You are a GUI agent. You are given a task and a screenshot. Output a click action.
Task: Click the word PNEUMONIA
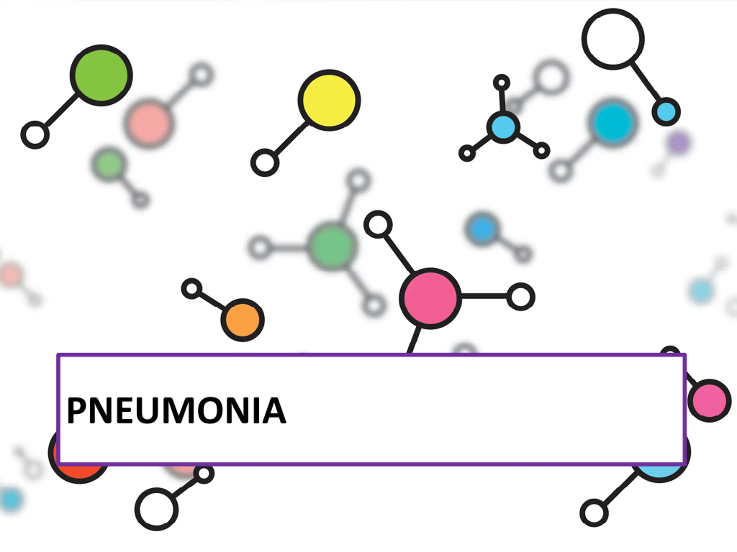(176, 411)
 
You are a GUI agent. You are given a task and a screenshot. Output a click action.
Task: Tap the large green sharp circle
(101, 75)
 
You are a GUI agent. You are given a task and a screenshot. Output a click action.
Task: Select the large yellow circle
(329, 100)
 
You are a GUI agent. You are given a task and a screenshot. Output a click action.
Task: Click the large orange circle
(243, 320)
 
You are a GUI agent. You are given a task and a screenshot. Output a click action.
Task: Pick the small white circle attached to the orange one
(191, 288)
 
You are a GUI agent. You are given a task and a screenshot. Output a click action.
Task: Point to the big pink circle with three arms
(430, 298)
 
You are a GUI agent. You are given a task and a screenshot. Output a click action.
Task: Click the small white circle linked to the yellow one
(265, 163)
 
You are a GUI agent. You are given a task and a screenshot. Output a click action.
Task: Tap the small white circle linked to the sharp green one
(35, 135)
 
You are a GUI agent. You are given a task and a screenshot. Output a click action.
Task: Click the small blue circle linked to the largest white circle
(666, 112)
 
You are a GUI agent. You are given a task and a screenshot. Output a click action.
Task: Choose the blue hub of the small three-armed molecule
(503, 127)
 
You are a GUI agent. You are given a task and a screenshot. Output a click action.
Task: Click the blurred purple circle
(678, 142)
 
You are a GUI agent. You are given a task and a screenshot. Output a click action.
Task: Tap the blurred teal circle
(612, 122)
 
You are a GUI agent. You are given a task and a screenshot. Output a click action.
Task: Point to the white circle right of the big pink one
(521, 297)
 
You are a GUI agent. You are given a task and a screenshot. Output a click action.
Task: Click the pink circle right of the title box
(709, 400)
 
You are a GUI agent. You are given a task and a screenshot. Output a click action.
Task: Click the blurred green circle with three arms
(331, 246)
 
